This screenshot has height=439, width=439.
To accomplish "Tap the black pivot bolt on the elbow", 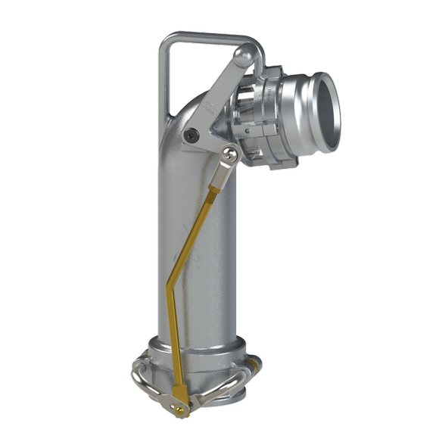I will pos(194,135).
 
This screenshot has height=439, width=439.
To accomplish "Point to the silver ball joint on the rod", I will pos(229,155).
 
